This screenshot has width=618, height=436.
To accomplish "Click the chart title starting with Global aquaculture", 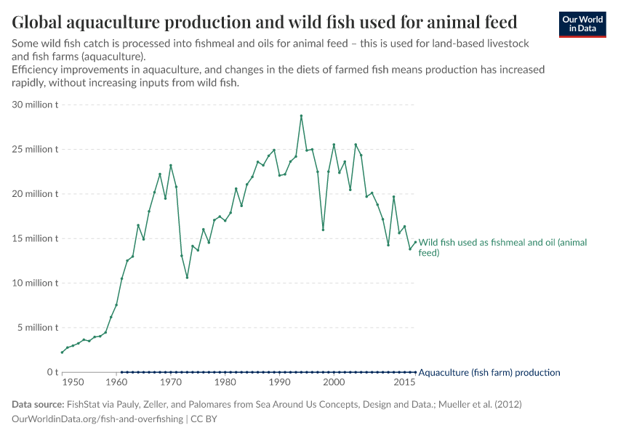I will pos(265,21).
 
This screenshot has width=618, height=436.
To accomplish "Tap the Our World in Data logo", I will pos(582,24).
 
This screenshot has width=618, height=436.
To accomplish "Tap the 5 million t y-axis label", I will pos(38,328).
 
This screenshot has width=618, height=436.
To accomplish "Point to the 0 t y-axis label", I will pos(52,372).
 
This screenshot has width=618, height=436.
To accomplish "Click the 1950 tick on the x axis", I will pos(73,382).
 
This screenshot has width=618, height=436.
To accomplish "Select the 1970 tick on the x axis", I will pos(171,382).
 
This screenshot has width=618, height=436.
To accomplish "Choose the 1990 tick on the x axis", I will pos(279,382).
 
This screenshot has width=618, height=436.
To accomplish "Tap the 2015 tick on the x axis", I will pos(405,382).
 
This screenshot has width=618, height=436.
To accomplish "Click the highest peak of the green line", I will pos(301,116).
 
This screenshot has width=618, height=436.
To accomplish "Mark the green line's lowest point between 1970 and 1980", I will pos(187,278).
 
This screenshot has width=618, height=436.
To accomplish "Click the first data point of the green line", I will pos(62,352).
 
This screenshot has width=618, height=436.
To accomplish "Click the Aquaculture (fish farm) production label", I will pos(489,373).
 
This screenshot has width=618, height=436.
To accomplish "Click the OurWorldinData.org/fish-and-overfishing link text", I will pos(97,419).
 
